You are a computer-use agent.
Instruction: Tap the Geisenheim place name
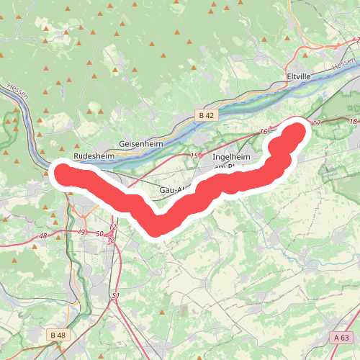click(x=141, y=144)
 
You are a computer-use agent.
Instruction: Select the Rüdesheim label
click(x=94, y=155)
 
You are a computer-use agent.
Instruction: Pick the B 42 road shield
click(x=206, y=115)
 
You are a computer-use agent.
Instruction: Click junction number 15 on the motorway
click(x=194, y=156)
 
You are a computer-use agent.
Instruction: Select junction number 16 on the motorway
click(x=264, y=132)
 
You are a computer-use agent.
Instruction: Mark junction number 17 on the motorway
click(x=315, y=124)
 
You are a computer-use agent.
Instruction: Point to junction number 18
click(x=352, y=122)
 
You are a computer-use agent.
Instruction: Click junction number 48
click(x=43, y=235)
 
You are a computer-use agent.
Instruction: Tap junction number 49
click(x=81, y=232)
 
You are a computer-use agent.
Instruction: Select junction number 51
click(x=115, y=296)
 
